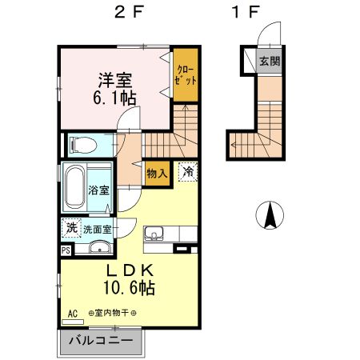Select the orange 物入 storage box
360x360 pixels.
tap(158, 173)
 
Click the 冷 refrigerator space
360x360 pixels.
tap(187, 170)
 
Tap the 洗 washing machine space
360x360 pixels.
tap(71, 227)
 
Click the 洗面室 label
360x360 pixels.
tap(98, 228)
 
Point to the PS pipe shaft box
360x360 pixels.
tap(66, 249)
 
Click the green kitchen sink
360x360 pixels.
tap(154, 234)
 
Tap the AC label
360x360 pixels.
tap(72, 313)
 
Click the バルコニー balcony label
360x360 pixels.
tap(100, 340)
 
